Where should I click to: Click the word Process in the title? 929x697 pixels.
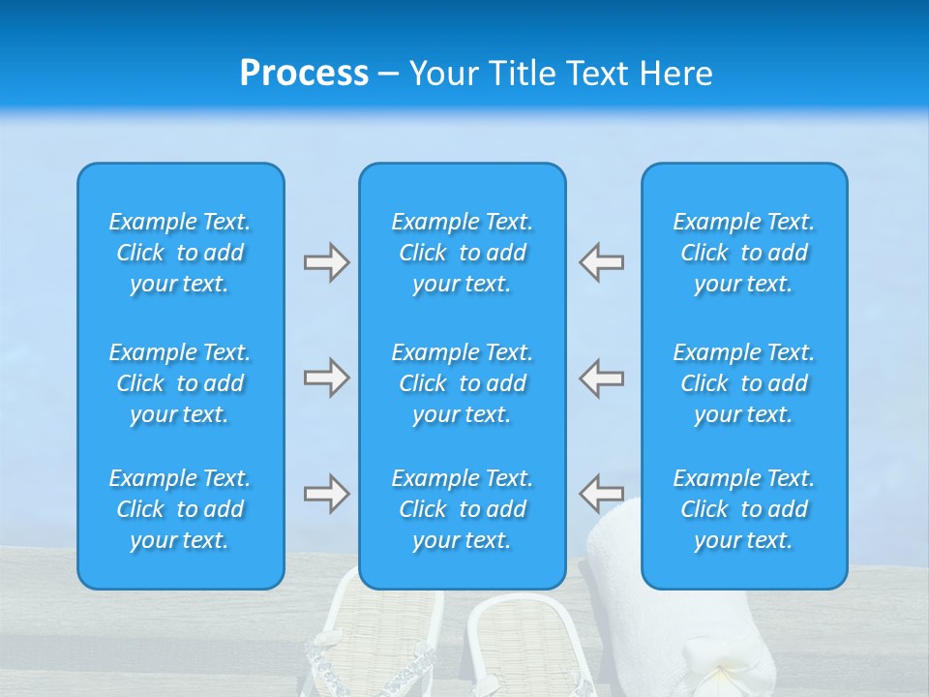pyautogui.click(x=304, y=73)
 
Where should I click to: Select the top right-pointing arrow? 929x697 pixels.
pyautogui.click(x=326, y=262)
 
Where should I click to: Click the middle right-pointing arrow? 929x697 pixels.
pyautogui.click(x=326, y=378)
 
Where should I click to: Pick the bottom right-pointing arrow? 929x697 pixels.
pyautogui.click(x=326, y=494)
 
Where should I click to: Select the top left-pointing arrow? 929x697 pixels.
pyautogui.click(x=602, y=262)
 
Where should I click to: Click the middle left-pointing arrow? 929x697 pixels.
pyautogui.click(x=602, y=378)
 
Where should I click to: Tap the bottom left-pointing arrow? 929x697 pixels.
pyautogui.click(x=602, y=494)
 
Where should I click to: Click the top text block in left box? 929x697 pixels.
pyautogui.click(x=180, y=253)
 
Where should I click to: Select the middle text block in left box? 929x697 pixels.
pyautogui.click(x=180, y=383)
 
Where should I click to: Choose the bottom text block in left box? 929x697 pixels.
pyautogui.click(x=180, y=509)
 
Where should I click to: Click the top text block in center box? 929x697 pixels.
pyautogui.click(x=462, y=253)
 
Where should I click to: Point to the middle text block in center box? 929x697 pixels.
pyautogui.click(x=462, y=383)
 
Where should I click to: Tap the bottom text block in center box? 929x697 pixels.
pyautogui.click(x=462, y=509)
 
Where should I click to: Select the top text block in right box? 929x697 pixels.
pyautogui.click(x=743, y=253)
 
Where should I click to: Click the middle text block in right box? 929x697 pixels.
pyautogui.click(x=743, y=383)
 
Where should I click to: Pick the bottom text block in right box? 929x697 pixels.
pyautogui.click(x=743, y=509)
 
